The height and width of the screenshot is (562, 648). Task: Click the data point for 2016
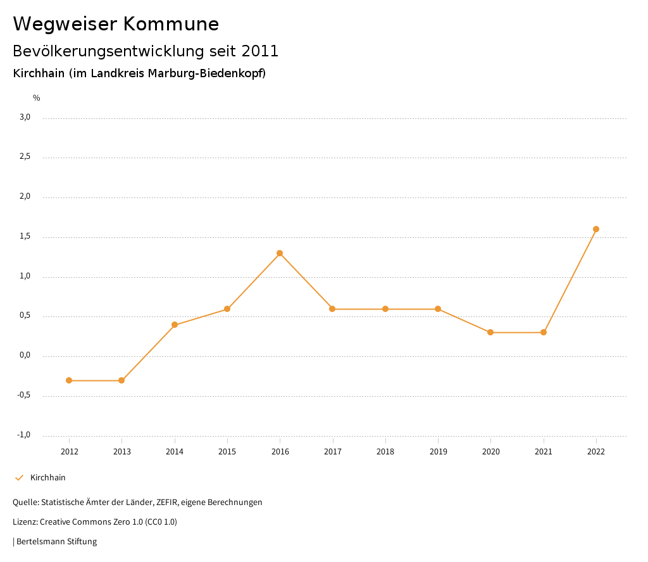pos(280,253)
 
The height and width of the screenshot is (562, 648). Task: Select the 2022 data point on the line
pos(596,229)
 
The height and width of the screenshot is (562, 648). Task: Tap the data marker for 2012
pos(69,380)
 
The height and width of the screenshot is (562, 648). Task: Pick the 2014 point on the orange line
pos(175,325)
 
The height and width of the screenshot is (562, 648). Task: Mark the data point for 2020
pos(490,332)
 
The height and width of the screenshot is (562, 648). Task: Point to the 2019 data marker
pos(438,309)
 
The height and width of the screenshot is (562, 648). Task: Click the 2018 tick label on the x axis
pos(385,452)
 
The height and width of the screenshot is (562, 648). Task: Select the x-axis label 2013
pos(122,452)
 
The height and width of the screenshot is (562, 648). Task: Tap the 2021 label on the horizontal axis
pos(544,452)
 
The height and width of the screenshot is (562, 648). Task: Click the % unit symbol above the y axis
pos(37,98)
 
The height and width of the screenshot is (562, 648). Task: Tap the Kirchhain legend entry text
pos(48,478)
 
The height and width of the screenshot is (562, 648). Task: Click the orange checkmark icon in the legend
pos(19,478)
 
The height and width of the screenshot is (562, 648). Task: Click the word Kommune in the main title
pos(171,24)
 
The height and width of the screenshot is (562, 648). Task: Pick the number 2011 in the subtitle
pos(260,51)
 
